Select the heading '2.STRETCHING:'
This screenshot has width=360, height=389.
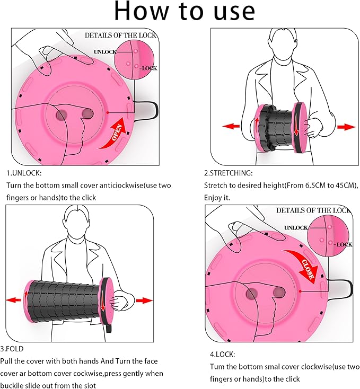pos(229,173)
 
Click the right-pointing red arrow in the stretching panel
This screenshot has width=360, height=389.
pos(346,127)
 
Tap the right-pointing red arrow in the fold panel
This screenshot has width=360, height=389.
pos(144,300)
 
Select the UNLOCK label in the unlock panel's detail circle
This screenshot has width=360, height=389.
pos(104,52)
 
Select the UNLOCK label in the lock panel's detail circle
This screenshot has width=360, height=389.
pos(295,227)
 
